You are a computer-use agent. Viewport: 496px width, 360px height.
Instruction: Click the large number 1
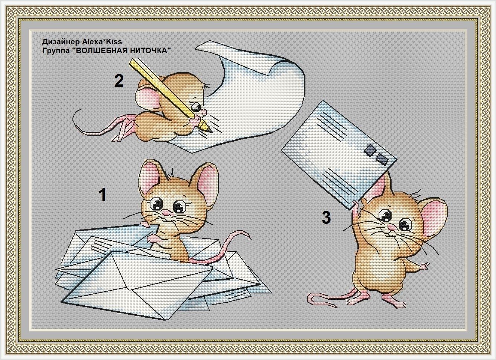[x=103, y=195]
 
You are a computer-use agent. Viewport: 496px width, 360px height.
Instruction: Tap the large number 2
[x=119, y=81]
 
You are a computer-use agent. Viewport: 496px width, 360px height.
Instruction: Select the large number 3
[x=326, y=217]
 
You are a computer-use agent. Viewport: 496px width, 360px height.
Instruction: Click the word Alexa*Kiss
[x=102, y=41]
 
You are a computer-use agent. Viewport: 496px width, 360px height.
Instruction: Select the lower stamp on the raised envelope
[x=382, y=159]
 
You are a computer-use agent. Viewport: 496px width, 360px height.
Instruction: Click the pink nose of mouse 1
[x=165, y=213]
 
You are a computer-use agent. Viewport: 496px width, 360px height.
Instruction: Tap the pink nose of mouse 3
[x=392, y=228]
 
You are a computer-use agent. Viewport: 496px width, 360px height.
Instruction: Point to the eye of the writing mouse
[x=196, y=107]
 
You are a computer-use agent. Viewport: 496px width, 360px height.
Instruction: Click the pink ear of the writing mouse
[x=147, y=96]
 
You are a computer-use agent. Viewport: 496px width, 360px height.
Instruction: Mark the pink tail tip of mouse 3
[x=310, y=300]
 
